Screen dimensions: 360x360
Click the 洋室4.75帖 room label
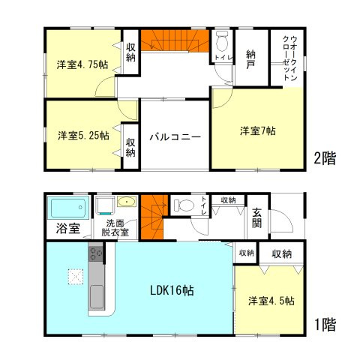click(82, 64)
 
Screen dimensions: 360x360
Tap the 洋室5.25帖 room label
click(82, 136)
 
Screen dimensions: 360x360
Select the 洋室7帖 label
click(257, 131)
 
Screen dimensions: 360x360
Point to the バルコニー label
click(174, 137)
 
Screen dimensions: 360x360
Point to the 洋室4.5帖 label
click(271, 301)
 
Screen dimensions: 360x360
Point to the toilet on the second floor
click(222, 40)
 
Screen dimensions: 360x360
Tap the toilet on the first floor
click(183, 204)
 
